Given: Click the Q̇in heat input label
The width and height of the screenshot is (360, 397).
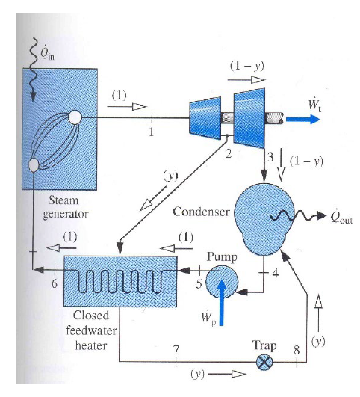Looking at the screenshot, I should point(46,52).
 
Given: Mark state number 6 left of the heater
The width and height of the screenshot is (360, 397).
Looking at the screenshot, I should point(53,284).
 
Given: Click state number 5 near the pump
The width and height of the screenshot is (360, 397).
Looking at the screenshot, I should point(199,285).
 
